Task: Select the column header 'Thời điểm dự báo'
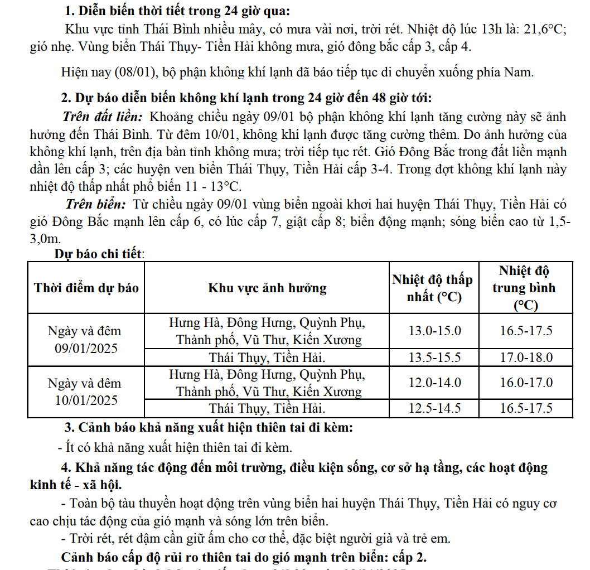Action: click(86, 288)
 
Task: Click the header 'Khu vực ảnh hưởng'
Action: click(267, 288)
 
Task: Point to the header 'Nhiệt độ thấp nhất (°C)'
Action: click(432, 288)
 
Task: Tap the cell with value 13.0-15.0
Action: click(435, 330)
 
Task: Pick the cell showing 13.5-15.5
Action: click(435, 357)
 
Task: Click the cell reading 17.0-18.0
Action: click(526, 357)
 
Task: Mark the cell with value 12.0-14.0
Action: click(435, 383)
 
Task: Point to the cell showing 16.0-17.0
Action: click(526, 383)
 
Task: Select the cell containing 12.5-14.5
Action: click(435, 408)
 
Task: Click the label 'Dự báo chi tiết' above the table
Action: click(99, 254)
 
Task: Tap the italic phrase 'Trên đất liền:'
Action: click(103, 117)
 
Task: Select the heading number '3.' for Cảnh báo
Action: click(70, 428)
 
